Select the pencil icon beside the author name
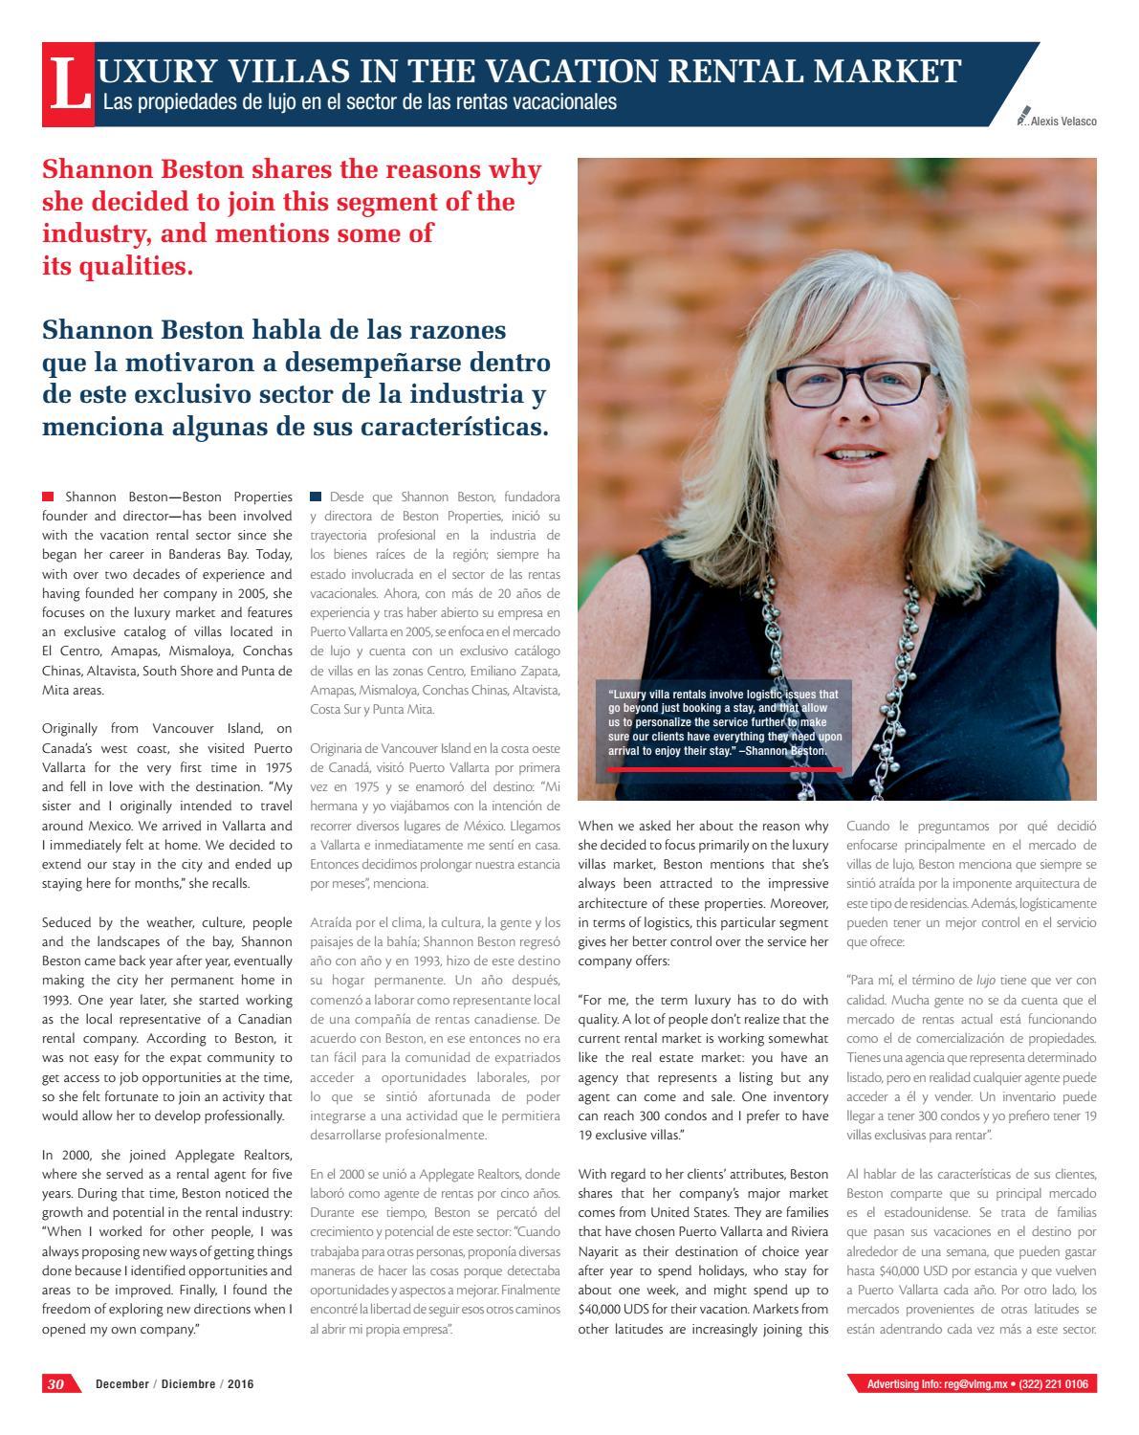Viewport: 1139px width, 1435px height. (1025, 117)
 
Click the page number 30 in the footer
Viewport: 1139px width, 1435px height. (56, 1384)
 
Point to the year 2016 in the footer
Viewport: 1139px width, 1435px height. (240, 1384)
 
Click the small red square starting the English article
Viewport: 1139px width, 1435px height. (48, 497)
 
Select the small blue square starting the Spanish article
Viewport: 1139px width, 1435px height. (316, 497)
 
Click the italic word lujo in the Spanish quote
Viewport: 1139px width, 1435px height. (986, 980)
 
